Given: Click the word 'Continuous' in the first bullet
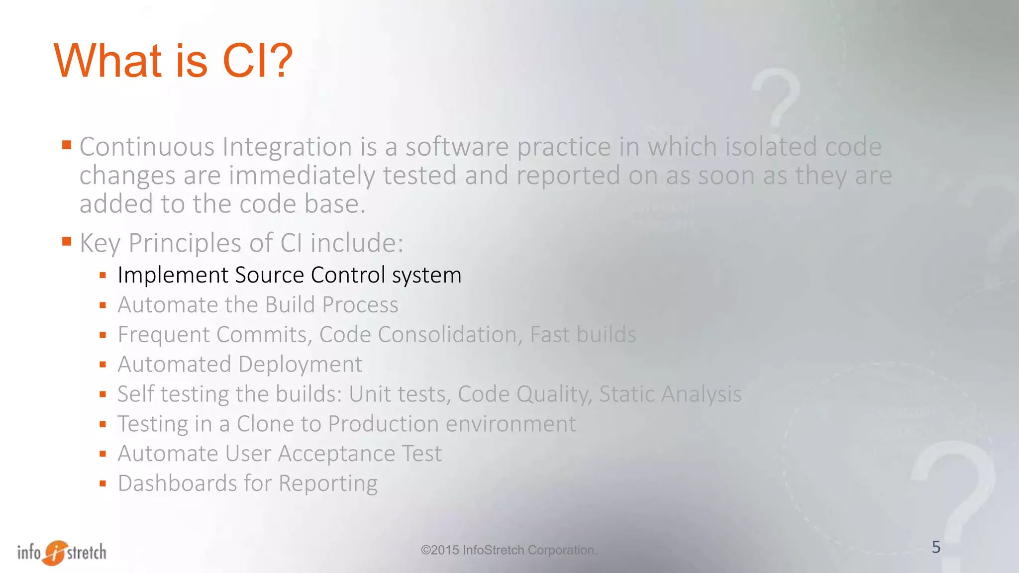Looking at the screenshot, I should pyautogui.click(x=147, y=147).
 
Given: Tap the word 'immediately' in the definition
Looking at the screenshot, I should pyautogui.click(x=302, y=176).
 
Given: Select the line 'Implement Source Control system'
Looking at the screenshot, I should pyautogui.click(x=289, y=276).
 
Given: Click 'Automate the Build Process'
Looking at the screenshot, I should pyautogui.click(x=258, y=305).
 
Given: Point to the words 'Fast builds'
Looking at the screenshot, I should pyautogui.click(x=583, y=335).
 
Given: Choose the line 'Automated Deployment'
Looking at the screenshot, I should pyautogui.click(x=240, y=365).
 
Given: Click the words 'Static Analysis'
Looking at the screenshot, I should pyautogui.click(x=670, y=394).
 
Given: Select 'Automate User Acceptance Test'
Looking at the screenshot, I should pyautogui.click(x=279, y=454).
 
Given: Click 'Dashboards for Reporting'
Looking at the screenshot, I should pyautogui.click(x=247, y=483).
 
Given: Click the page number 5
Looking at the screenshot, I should pyautogui.click(x=936, y=547).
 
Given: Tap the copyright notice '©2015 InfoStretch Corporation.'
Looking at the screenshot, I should pyautogui.click(x=509, y=550).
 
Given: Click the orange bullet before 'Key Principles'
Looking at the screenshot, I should pyautogui.click(x=67, y=242).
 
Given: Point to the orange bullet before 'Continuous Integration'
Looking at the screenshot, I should pyautogui.click(x=67, y=145).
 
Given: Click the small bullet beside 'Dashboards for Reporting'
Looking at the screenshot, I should pyautogui.click(x=103, y=483).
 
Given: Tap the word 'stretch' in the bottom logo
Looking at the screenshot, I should pyautogui.click(x=87, y=552).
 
